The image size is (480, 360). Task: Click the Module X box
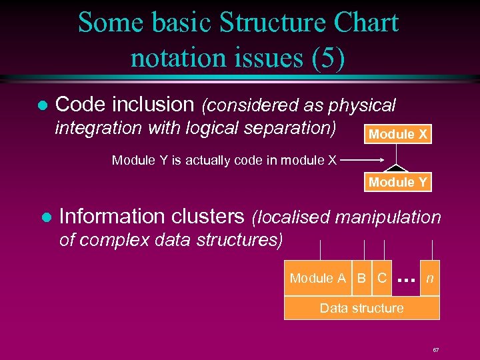coord(398,134)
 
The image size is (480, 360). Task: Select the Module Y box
coord(398,182)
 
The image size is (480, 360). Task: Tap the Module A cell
coord(318,279)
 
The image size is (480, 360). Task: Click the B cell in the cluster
coord(361,279)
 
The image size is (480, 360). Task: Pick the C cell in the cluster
coord(382,279)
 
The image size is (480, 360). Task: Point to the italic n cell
coord(430,279)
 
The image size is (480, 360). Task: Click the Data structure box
coord(361,308)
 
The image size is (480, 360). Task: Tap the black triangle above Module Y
coord(398,168)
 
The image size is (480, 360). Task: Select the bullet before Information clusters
coord(45,218)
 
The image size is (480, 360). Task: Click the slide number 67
coord(435,349)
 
